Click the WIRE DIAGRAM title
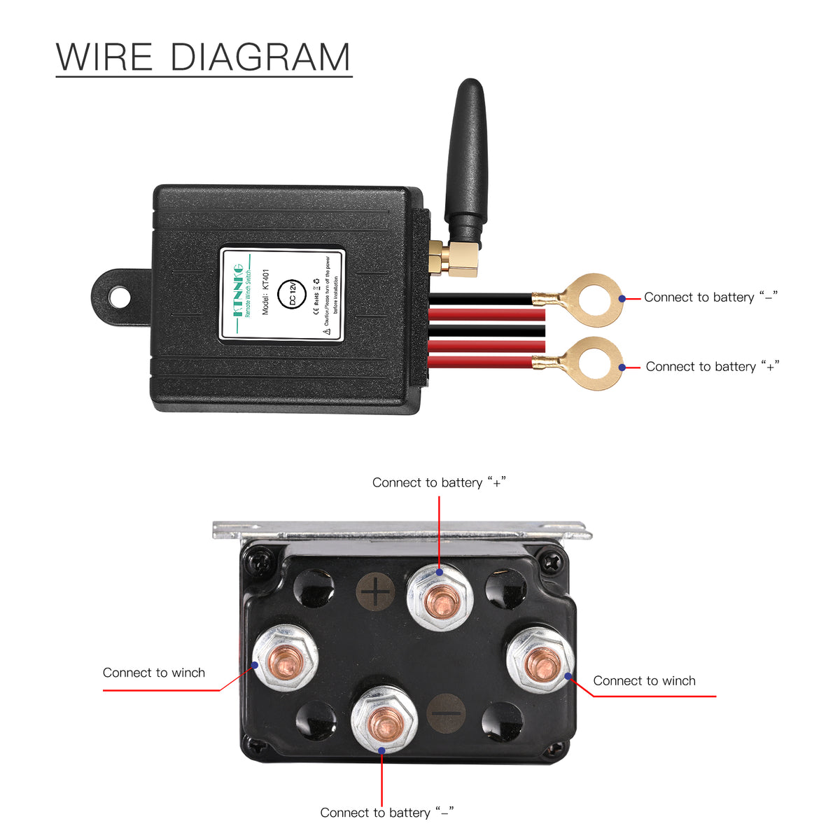point(203,57)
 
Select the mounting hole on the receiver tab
point(120,297)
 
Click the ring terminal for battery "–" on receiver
point(595,299)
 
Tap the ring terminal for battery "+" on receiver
point(595,363)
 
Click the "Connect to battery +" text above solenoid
point(439,482)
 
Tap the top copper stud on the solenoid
point(440,600)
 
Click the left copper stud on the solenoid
point(285,658)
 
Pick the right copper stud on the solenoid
point(539,660)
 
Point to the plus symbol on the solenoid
point(376,594)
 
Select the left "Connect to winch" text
point(154,673)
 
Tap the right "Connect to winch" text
point(644,681)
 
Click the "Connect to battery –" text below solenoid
point(387,813)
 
